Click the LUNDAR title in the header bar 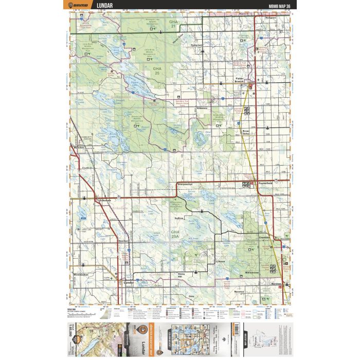point(106,6)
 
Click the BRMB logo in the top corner point(80,6)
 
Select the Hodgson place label point(271,17)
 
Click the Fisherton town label point(196,45)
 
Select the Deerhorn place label point(122,240)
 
